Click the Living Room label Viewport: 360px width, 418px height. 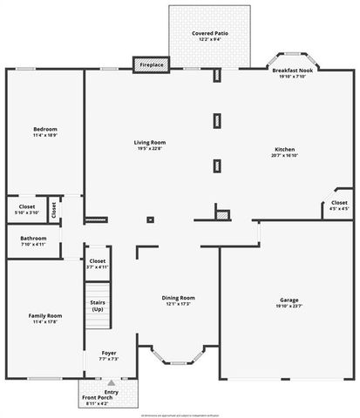point(150,145)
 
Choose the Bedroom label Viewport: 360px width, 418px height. point(44,131)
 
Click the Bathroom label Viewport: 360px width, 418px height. point(34,240)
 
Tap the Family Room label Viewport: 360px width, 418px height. point(44,318)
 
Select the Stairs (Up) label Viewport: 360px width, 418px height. point(98,306)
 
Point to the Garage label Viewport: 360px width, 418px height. point(289,300)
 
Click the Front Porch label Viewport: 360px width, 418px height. point(97,400)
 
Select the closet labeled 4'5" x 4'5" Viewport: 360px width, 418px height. point(339,206)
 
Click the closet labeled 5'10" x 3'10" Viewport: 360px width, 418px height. point(26,209)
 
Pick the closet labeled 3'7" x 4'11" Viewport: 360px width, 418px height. point(98,263)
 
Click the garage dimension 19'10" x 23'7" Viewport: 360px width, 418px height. point(289,306)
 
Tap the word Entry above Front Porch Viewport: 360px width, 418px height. point(112,392)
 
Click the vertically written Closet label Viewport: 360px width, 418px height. point(54,210)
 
